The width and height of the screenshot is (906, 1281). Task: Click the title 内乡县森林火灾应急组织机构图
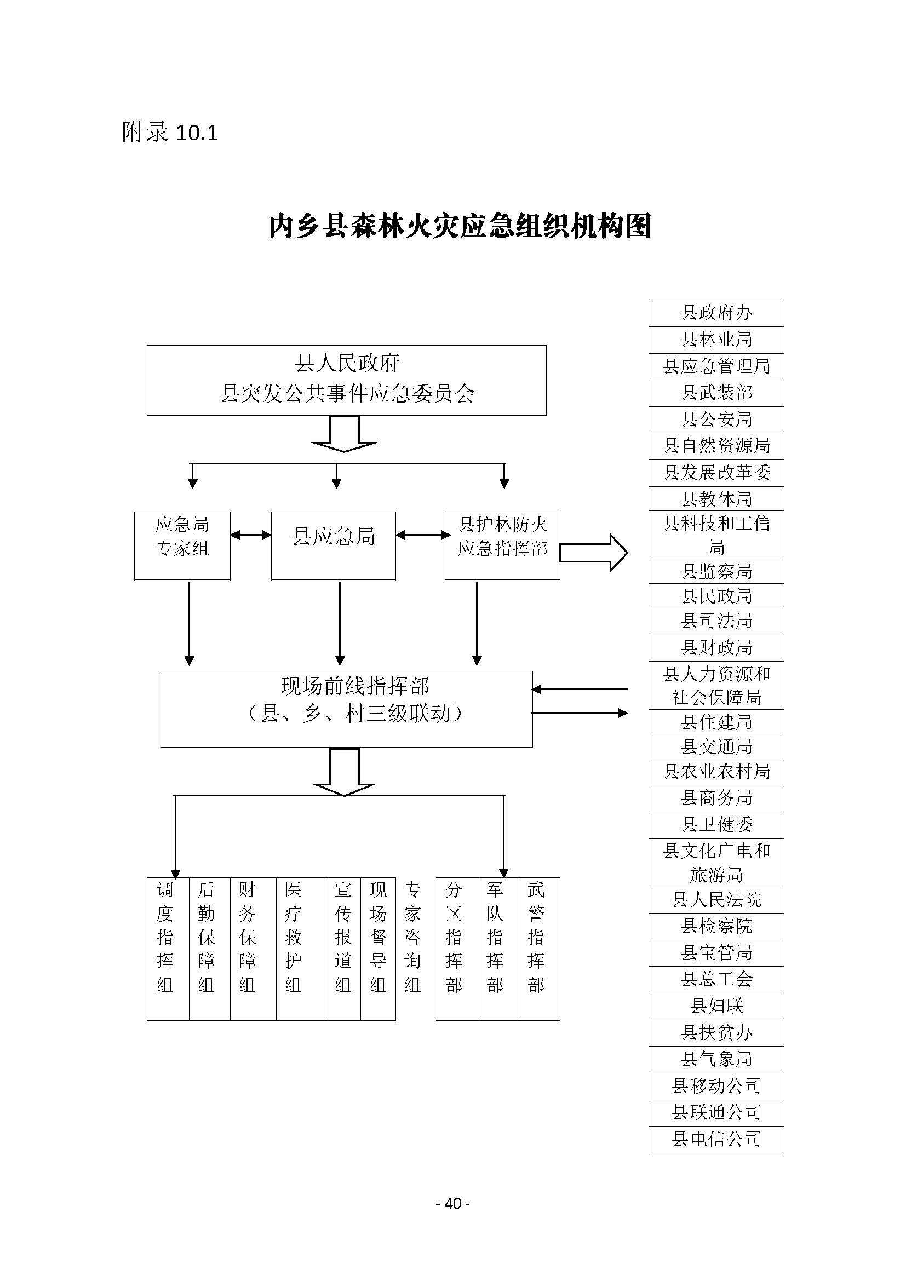[460, 226]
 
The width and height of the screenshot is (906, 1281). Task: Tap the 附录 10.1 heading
[170, 132]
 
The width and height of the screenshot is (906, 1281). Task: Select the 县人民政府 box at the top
[346, 380]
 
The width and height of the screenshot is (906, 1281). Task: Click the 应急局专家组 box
[182, 545]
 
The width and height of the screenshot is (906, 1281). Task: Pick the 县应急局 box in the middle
[333, 545]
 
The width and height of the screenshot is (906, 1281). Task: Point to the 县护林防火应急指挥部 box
[502, 545]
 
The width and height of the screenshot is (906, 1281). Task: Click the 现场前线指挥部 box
[346, 708]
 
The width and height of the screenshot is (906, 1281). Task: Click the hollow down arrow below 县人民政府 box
[343, 434]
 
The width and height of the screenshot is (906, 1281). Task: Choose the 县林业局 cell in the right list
[716, 339]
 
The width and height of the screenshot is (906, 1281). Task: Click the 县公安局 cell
[716, 419]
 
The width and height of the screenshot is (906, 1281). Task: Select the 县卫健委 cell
[716, 825]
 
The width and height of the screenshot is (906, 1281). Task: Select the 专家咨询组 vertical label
[412, 937]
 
